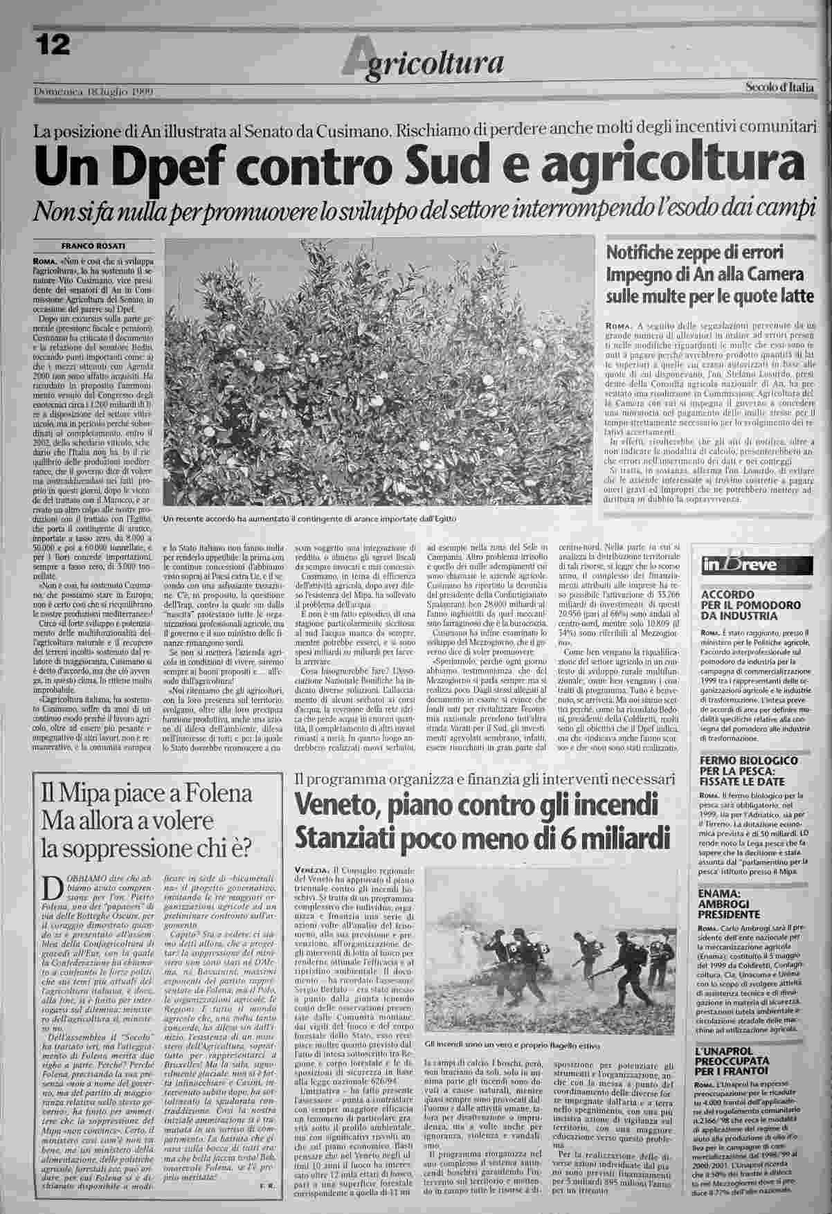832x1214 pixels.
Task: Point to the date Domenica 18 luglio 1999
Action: pyautogui.click(x=93, y=92)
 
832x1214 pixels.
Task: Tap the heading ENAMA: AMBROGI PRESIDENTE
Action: pyautogui.click(x=732, y=904)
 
